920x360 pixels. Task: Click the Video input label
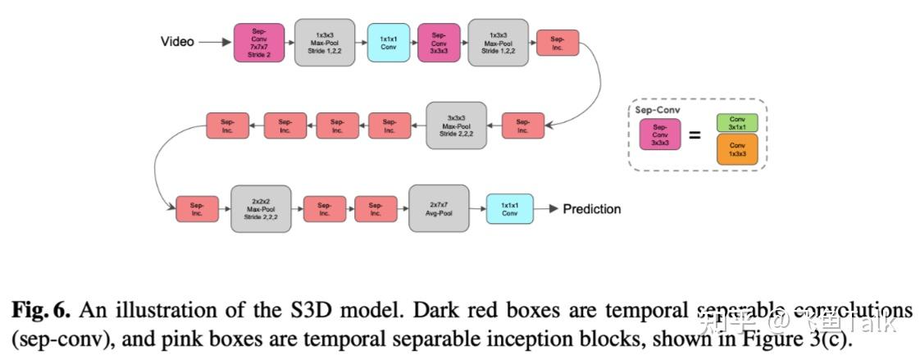[177, 41]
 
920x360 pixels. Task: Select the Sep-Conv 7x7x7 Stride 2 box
[258, 42]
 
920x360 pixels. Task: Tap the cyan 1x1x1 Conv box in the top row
[388, 42]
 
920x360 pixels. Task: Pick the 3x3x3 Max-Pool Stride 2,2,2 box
[456, 125]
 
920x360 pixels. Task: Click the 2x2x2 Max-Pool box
[261, 208]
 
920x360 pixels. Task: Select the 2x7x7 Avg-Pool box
[439, 208]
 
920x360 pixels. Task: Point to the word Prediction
[591, 209]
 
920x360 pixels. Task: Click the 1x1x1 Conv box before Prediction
[509, 208]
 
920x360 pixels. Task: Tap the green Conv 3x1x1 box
[736, 123]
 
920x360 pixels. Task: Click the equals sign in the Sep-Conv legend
[695, 135]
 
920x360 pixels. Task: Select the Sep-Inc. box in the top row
[558, 43]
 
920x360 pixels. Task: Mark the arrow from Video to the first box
[215, 42]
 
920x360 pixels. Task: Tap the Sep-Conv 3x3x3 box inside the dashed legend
[660, 134]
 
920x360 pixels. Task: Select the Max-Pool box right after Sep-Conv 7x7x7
[324, 42]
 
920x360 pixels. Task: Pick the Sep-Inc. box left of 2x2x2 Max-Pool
[198, 209]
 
